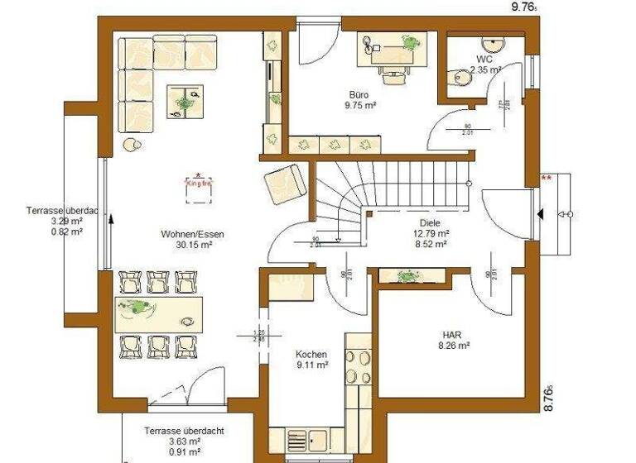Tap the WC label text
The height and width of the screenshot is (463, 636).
coord(484,60)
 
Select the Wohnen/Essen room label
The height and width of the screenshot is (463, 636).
coord(192,234)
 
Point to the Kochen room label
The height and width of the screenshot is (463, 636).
coord(311,354)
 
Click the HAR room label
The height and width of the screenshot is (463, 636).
coord(451,335)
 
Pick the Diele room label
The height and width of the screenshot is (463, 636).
coord(430,223)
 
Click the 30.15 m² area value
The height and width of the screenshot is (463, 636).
coord(192,245)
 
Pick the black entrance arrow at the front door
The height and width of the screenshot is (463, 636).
coord(540,215)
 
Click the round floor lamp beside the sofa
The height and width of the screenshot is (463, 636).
coord(130,146)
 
